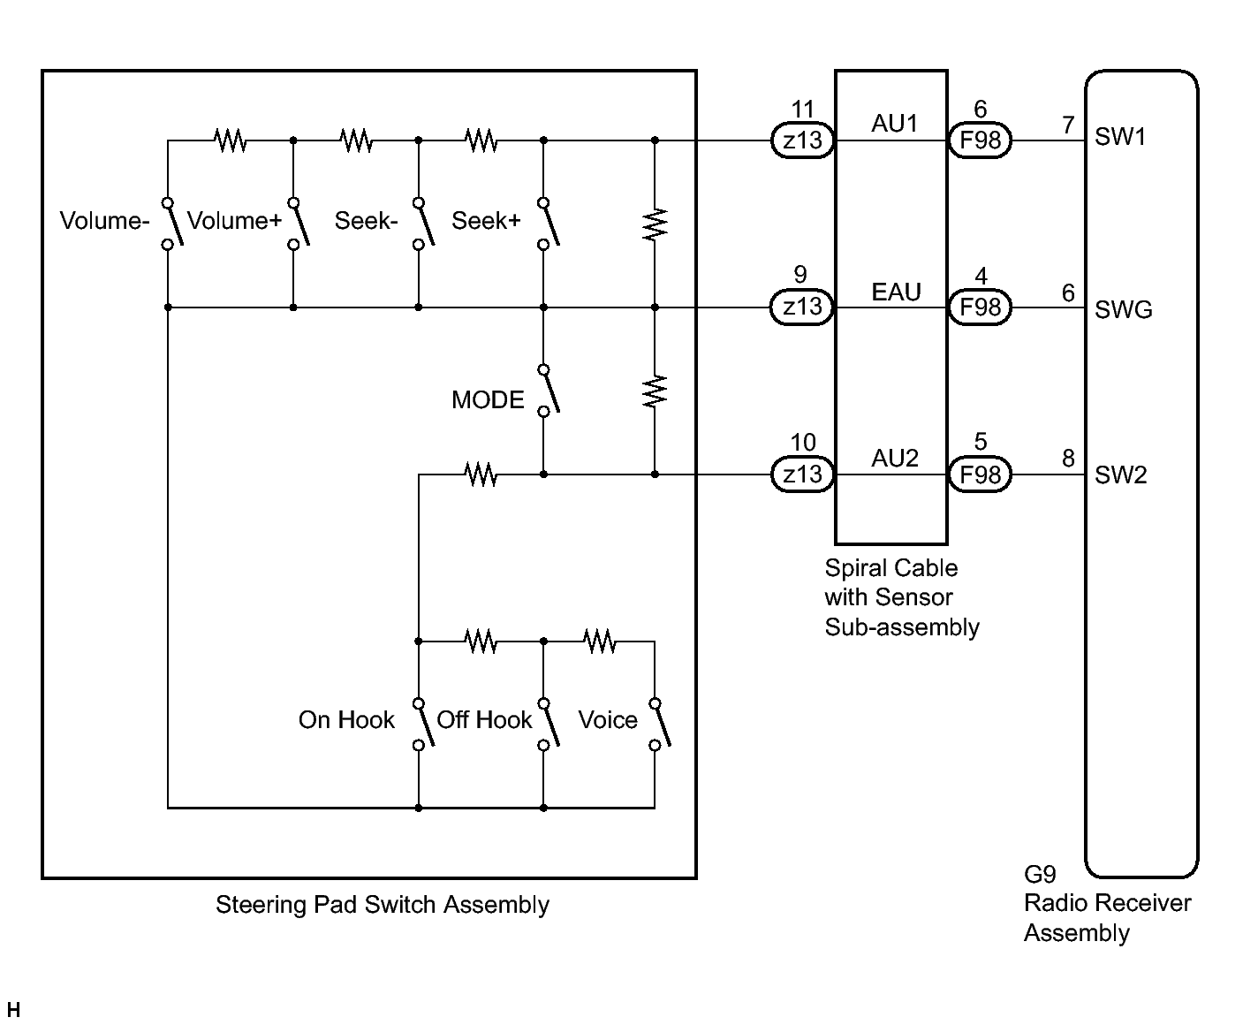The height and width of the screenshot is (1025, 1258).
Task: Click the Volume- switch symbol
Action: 172,224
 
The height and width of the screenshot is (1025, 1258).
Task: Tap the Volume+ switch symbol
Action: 298,224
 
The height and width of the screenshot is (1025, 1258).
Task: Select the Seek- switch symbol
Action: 423,224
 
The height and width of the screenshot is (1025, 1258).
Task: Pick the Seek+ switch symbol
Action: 548,224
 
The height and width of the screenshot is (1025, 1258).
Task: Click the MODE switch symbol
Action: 548,391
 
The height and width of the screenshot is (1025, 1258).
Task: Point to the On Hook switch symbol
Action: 423,725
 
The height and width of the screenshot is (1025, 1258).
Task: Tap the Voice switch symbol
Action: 659,725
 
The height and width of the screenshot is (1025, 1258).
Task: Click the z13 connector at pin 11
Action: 803,140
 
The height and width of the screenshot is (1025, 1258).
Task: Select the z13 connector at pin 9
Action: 802,307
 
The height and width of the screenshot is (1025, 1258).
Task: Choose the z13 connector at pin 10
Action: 803,475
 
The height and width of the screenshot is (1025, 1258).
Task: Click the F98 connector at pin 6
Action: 980,140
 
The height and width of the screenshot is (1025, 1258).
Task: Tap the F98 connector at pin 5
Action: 980,475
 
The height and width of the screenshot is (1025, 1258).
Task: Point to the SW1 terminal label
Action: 1120,137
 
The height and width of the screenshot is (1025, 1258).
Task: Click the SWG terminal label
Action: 1124,309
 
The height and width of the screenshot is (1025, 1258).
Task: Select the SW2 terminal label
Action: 1120,475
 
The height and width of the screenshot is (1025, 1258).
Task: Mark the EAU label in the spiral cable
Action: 896,292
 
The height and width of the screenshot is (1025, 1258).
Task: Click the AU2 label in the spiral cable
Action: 895,459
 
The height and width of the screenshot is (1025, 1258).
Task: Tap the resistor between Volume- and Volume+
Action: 231,140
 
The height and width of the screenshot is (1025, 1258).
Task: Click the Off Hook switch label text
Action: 484,720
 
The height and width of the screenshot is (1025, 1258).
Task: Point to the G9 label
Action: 1040,875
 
